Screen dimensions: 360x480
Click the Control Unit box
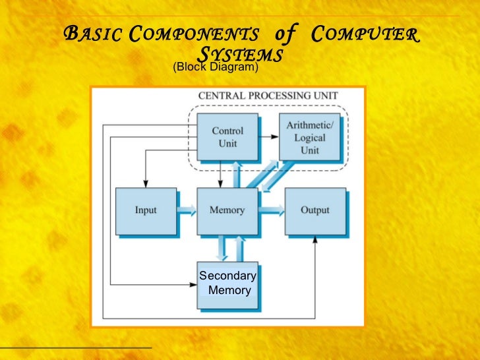pyautogui.click(x=227, y=137)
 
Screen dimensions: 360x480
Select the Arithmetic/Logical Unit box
pyautogui.click(x=309, y=137)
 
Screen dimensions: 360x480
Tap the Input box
pyautogui.click(x=146, y=210)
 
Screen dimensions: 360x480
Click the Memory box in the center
pyautogui.click(x=227, y=210)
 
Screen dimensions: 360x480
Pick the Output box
pyautogui.click(x=315, y=210)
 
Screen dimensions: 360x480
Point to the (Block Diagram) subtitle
pyautogui.click(x=215, y=67)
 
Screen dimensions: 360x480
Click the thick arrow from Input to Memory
pyautogui.click(x=187, y=210)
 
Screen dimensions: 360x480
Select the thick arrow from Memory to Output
pyautogui.click(x=271, y=210)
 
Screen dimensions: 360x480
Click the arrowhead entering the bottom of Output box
pyautogui.click(x=316, y=238)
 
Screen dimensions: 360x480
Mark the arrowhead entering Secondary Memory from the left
pyautogui.click(x=193, y=284)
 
